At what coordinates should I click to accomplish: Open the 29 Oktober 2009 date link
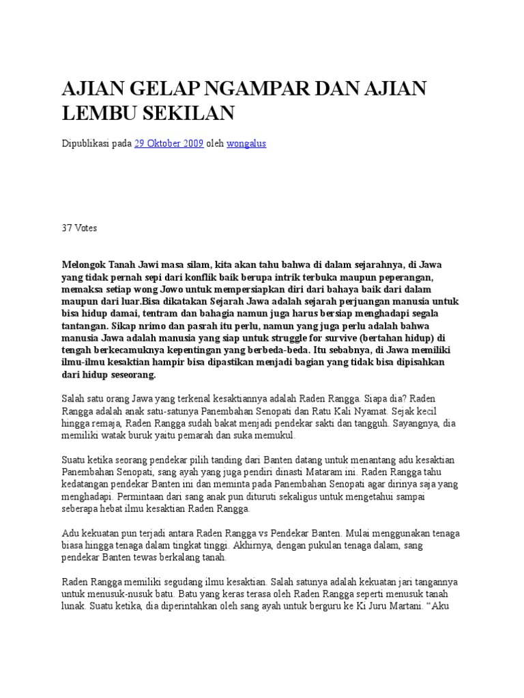(x=169, y=144)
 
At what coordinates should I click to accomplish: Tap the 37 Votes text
(x=79, y=228)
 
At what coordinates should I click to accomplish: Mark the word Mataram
(x=315, y=472)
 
